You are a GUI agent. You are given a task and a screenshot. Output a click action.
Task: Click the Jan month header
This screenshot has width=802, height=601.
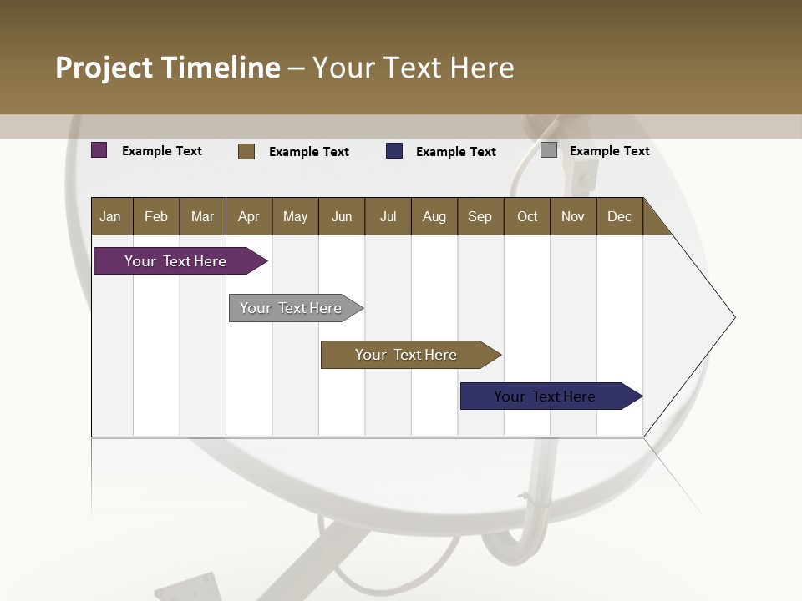tap(111, 217)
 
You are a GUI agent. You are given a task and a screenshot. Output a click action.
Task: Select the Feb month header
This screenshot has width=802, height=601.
tap(156, 217)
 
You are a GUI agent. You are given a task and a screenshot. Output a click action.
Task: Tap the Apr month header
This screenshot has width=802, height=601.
tap(248, 217)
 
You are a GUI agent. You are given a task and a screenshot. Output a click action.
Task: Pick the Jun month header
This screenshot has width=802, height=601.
tap(342, 217)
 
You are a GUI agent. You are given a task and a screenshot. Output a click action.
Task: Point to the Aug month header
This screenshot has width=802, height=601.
tap(434, 217)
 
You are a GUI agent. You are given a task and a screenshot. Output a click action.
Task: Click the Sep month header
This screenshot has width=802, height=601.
tap(480, 217)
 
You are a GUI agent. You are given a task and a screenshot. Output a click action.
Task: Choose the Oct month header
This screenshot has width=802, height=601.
tap(527, 217)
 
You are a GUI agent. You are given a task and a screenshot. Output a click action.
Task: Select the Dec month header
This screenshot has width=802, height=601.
tap(619, 217)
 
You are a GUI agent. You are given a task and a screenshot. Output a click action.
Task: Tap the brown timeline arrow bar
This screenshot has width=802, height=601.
tap(407, 355)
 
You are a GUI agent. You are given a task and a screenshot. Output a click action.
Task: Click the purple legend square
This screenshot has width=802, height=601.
tap(99, 150)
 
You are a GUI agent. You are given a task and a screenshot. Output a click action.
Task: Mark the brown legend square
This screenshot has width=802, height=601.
tap(246, 151)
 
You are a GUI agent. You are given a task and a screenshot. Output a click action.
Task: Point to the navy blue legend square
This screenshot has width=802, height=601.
tap(394, 151)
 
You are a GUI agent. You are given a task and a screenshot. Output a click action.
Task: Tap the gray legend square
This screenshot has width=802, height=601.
tap(549, 150)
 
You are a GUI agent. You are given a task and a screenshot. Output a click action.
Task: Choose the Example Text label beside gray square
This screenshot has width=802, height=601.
tap(609, 151)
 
